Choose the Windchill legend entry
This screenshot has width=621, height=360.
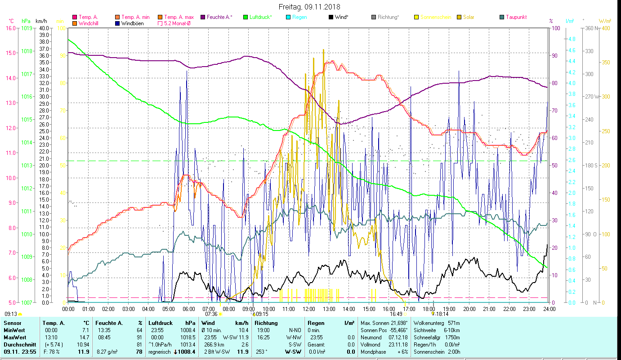(89, 23)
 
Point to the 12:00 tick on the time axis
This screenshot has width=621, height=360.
(309, 309)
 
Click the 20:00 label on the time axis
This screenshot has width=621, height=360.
(469, 309)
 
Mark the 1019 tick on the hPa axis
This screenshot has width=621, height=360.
(27, 28)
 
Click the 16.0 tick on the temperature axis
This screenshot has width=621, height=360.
(10, 28)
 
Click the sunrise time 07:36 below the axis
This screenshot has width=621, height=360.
(211, 314)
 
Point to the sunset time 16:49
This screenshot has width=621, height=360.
(396, 314)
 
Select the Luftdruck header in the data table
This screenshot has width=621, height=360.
(160, 323)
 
